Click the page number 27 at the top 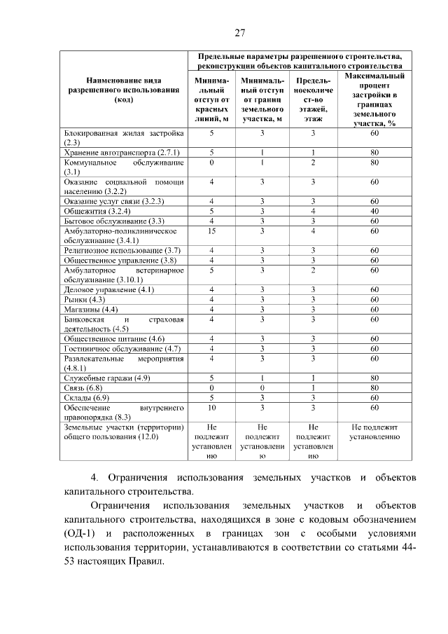239,33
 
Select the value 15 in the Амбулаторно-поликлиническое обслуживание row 211,230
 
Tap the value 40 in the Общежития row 374,211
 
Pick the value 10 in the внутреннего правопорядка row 211,407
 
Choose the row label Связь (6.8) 83,387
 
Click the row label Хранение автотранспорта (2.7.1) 122,152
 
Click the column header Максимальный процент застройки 374,99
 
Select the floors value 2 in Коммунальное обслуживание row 314,162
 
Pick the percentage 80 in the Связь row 374,387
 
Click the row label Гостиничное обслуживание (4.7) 113,348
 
